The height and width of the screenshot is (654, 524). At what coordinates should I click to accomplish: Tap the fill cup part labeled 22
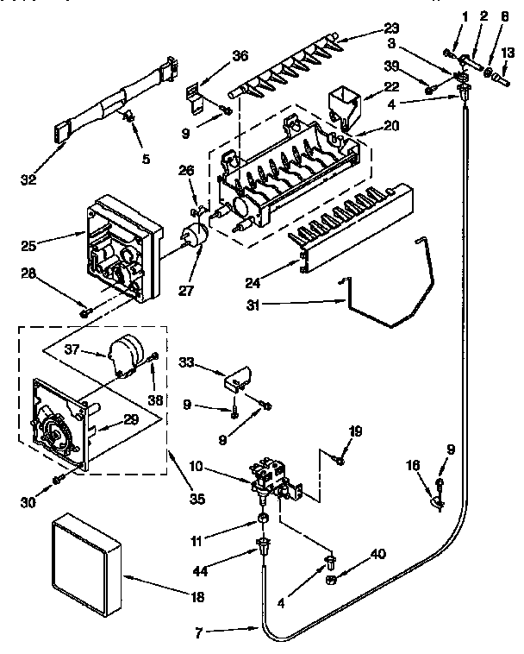pos(343,104)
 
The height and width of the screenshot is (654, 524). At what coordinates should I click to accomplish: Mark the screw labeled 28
pos(84,311)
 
